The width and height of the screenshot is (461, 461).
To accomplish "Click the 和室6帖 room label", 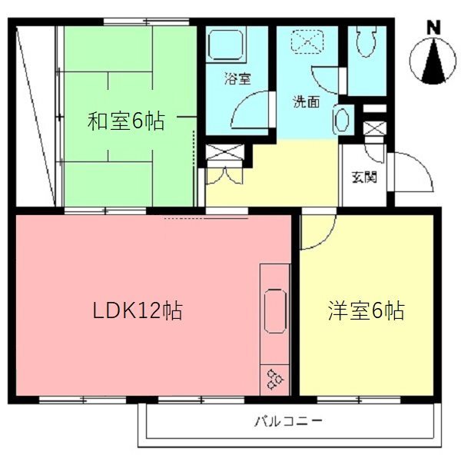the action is click(126, 121).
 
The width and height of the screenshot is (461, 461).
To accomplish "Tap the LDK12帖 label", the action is click(138, 310).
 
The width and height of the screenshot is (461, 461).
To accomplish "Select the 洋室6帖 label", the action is click(366, 310).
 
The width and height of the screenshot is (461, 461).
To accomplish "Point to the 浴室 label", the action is click(237, 78).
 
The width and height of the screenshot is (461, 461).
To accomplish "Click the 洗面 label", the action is click(306, 101).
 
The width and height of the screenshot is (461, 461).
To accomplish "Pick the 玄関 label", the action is click(364, 177).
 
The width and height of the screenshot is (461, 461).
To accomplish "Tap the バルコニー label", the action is click(288, 421).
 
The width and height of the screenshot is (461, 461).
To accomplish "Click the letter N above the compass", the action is click(433, 28).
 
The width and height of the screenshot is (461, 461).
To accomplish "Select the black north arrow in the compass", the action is click(433, 61).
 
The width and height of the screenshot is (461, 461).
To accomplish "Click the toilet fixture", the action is click(366, 41).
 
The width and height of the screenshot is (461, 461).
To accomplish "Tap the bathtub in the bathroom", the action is click(226, 45).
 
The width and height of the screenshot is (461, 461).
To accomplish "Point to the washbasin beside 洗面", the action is click(341, 119).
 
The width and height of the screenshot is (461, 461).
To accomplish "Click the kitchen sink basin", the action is click(276, 310).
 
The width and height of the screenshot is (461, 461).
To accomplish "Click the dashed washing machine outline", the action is click(307, 41).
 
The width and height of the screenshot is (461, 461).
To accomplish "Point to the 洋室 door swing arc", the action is click(326, 238).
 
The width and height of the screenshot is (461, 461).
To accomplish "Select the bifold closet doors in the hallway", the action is click(224, 175).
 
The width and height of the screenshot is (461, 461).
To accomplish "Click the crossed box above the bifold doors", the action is click(225, 152).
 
